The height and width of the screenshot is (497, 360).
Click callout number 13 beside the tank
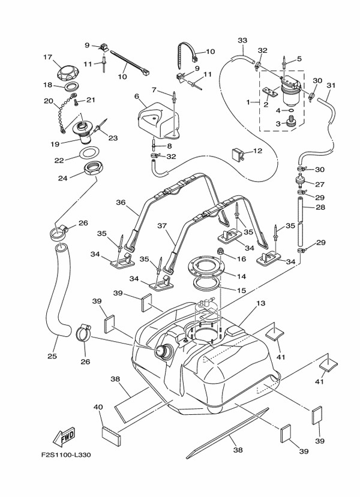[x=260, y=304]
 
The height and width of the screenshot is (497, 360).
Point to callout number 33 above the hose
[x=242, y=41]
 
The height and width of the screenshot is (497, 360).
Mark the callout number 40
[x=98, y=407]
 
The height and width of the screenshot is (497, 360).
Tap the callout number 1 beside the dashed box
[x=247, y=103]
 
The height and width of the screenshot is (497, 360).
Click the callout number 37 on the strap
[x=162, y=227]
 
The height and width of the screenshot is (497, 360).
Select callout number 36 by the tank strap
[x=121, y=203]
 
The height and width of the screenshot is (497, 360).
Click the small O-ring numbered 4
[x=290, y=110]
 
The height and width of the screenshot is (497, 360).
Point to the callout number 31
[x=331, y=85]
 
